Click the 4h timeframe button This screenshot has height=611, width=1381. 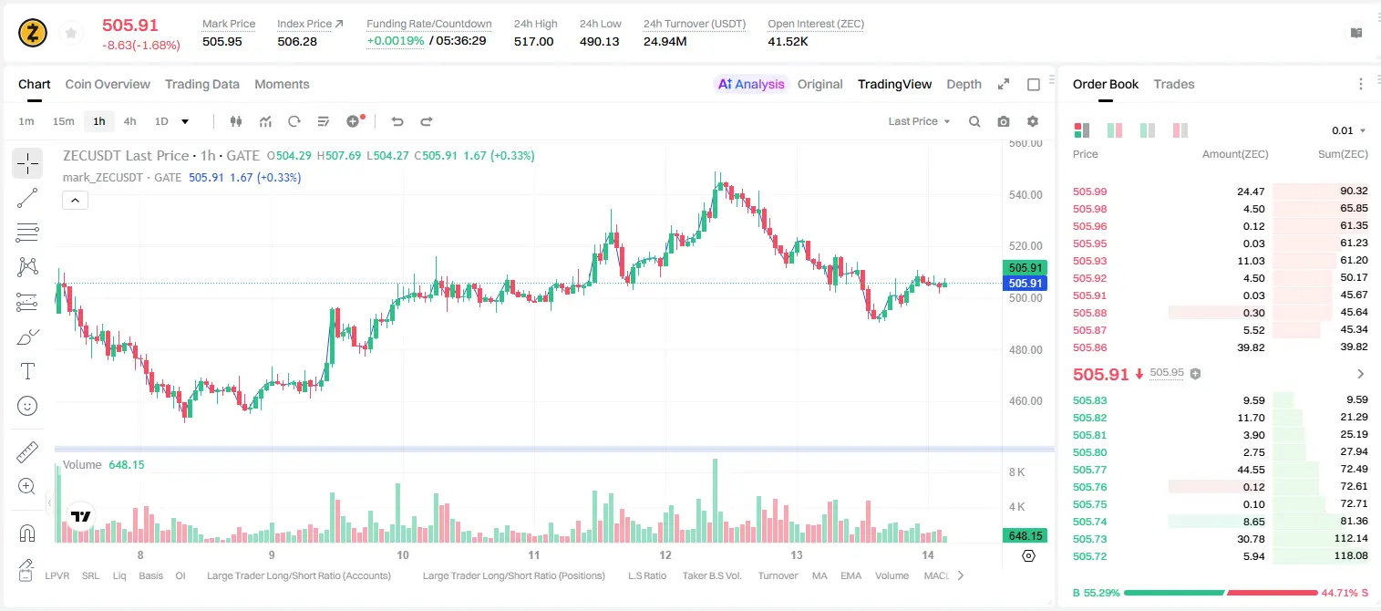pos(129,121)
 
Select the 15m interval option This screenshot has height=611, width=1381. pos(63,121)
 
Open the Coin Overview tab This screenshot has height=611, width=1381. pos(108,84)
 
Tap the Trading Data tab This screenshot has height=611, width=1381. pos(202,84)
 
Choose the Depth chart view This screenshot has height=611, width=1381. pos(964,84)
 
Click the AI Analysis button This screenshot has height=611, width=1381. pos(751,84)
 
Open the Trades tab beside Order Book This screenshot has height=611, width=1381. pos(1174,84)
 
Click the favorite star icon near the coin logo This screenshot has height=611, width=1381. pos(71,33)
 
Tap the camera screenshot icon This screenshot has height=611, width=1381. pos(1004,121)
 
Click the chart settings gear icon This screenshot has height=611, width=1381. pos(1033,121)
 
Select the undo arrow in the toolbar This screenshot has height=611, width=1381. pos(397,121)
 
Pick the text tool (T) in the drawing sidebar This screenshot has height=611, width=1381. pos(27,371)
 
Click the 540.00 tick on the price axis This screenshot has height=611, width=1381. pos(1025,195)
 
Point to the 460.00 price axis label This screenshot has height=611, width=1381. pos(1025,400)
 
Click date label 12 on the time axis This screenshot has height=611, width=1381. pos(665,554)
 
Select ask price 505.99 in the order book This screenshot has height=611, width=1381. pos(1089,192)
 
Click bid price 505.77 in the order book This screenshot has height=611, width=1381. pos(1089,470)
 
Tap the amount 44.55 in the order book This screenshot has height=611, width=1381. pos(1251,470)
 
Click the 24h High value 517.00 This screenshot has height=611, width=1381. pos(534,41)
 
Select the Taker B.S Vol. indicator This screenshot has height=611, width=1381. pos(711,575)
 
